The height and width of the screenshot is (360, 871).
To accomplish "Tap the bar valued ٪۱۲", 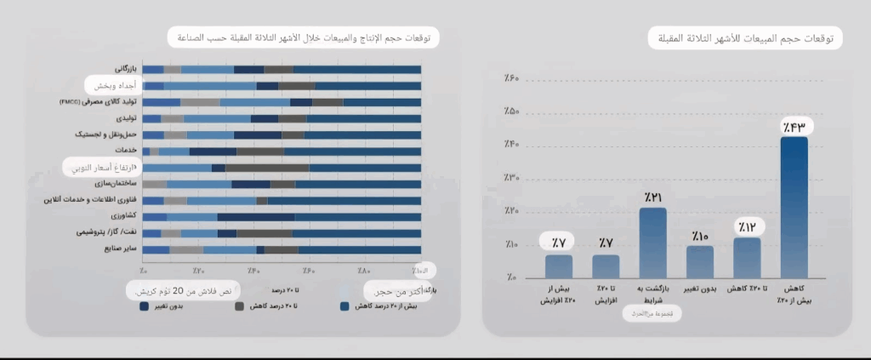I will click(x=747, y=256).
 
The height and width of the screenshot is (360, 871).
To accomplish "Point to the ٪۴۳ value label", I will click(x=794, y=127).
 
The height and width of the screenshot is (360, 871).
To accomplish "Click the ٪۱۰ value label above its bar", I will click(x=700, y=235).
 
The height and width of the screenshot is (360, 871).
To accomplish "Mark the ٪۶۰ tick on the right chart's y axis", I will click(x=510, y=79).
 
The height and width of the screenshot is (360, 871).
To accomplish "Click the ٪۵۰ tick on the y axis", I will click(x=510, y=112).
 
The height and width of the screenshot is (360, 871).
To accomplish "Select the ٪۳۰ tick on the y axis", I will click(x=510, y=178).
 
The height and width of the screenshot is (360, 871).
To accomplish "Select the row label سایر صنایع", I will click(x=114, y=249).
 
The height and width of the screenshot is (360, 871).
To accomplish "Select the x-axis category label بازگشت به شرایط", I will click(x=652, y=295).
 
